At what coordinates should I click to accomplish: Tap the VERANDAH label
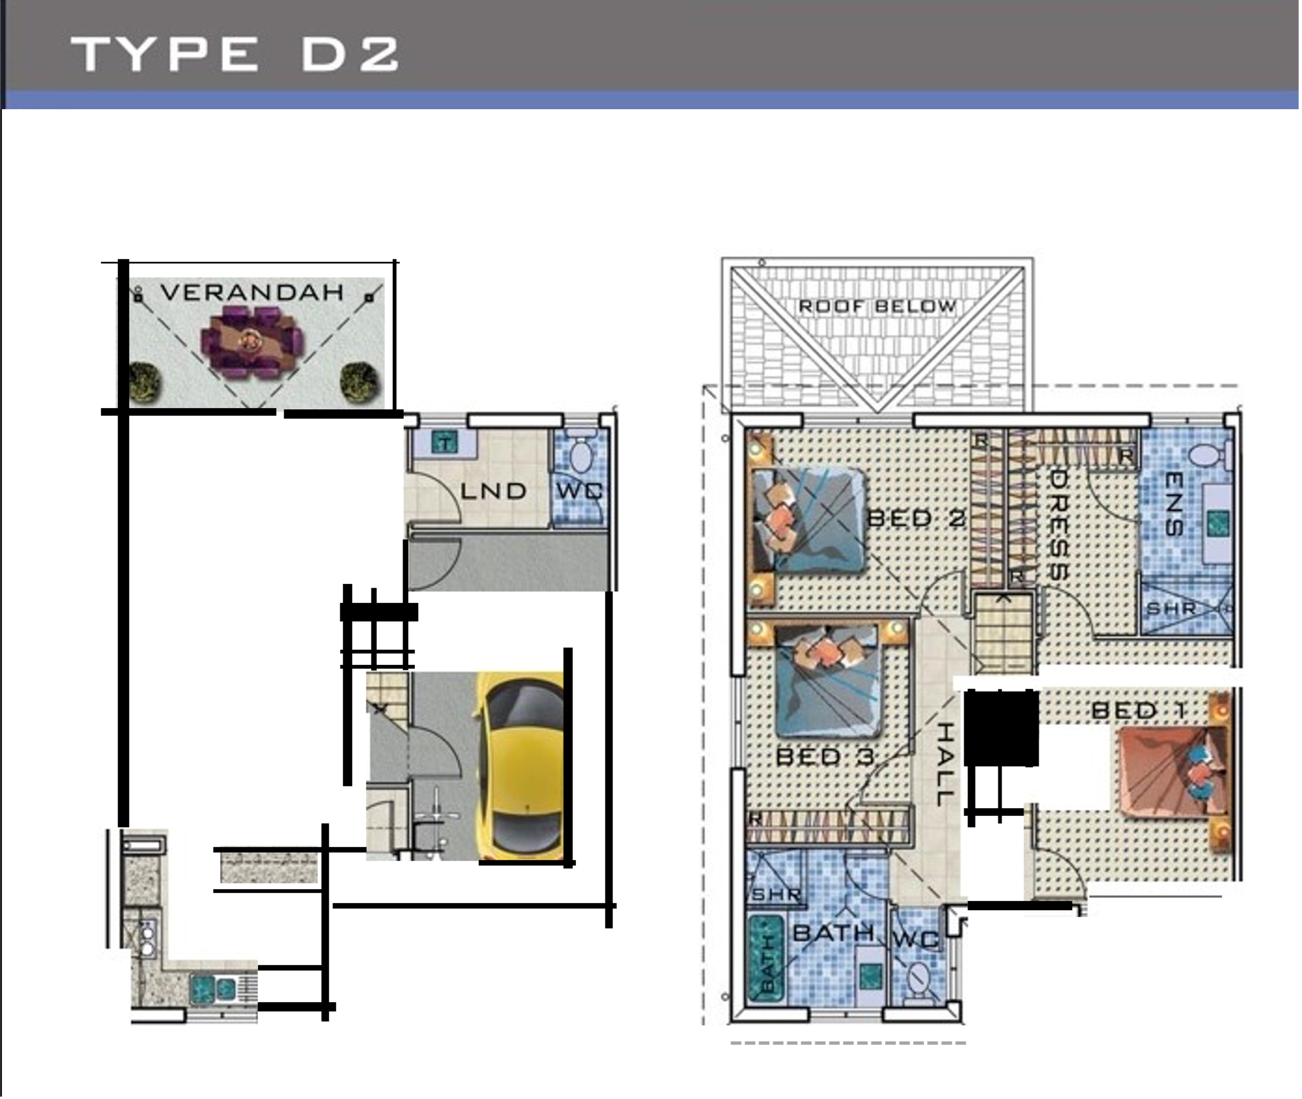[x=252, y=292]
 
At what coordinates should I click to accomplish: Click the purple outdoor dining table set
[x=252, y=341]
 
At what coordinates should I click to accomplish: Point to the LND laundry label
[x=494, y=491]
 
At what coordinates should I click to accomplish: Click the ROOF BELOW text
[x=877, y=306]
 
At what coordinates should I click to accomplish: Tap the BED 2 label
[x=916, y=518]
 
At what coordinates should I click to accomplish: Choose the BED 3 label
[x=825, y=757]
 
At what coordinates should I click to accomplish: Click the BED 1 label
[x=1139, y=710]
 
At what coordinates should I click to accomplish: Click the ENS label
[x=1174, y=504]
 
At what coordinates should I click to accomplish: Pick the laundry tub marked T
[x=444, y=443]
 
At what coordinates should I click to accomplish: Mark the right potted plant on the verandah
[x=360, y=382]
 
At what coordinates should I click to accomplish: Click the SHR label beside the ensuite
[x=1171, y=609]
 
